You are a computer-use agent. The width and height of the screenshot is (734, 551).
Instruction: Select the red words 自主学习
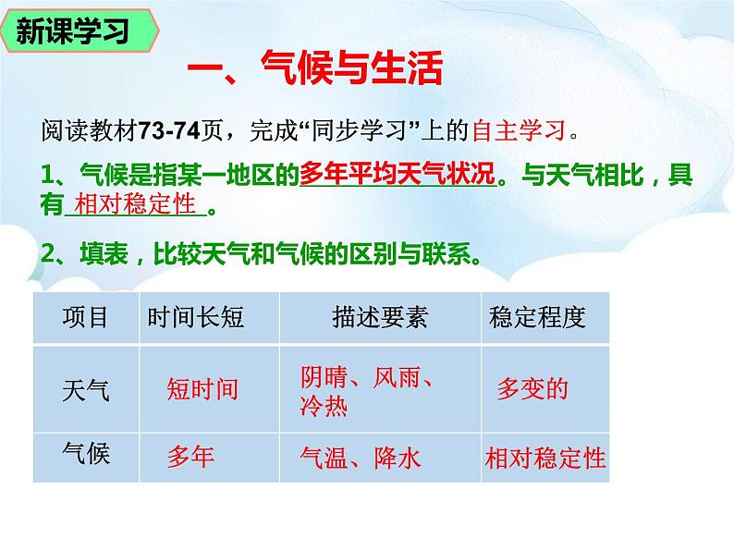pyautogui.click(x=518, y=130)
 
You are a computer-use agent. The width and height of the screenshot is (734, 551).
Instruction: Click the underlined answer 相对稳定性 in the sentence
pyautogui.click(x=134, y=205)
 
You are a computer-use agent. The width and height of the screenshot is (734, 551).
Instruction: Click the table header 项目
pyautogui.click(x=85, y=318)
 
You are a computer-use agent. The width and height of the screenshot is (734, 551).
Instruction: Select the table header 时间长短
pyautogui.click(x=195, y=318)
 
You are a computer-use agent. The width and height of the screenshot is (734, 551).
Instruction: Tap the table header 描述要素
pyautogui.click(x=380, y=318)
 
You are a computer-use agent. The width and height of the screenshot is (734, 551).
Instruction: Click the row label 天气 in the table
pyautogui.click(x=85, y=389)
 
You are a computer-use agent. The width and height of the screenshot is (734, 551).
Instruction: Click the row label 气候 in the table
pyautogui.click(x=85, y=454)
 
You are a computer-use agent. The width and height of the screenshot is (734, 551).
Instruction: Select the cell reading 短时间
pyautogui.click(x=202, y=389)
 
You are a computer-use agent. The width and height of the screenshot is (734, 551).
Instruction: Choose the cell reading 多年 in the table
pyautogui.click(x=190, y=457)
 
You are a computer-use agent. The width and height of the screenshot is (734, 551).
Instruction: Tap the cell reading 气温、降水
pyautogui.click(x=361, y=457)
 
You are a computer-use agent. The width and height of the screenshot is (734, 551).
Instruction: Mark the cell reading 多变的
pyautogui.click(x=532, y=388)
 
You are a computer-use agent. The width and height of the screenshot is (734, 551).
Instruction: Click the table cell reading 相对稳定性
pyautogui.click(x=545, y=457)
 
